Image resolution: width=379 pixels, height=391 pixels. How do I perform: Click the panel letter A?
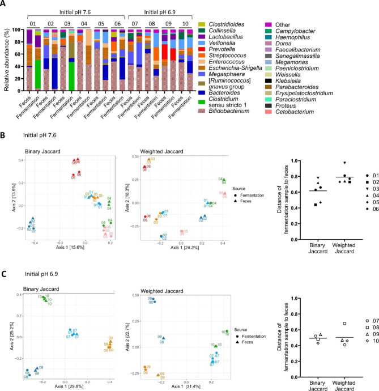[x=5, y=5]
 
